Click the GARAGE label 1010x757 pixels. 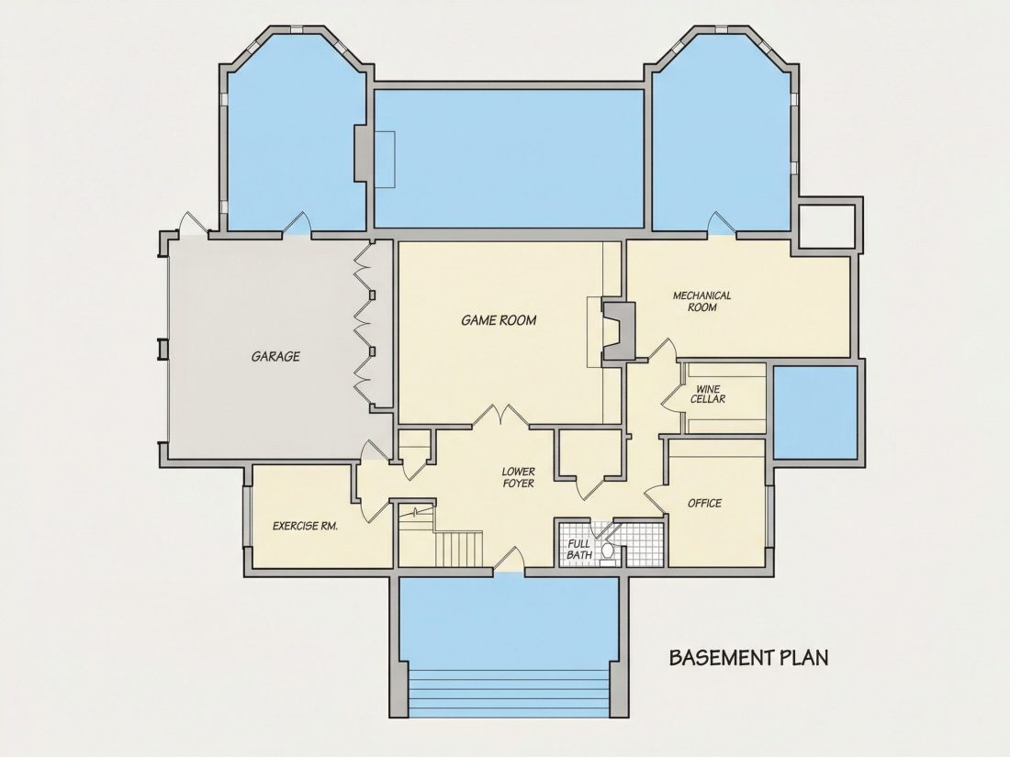pos(275,356)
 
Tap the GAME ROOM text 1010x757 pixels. pos(499,320)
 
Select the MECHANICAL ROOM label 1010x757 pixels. pos(702,301)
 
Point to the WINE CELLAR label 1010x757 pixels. pos(708,394)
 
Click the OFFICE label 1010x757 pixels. pos(704,503)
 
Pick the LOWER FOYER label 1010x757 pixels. pos(519,477)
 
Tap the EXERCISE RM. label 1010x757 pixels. pos(306,526)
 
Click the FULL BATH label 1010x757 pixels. pos(579,549)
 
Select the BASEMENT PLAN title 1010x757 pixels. pos(749,657)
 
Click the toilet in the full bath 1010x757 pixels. pos(608,551)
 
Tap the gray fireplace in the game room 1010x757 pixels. pos(618,330)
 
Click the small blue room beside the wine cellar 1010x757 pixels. pos(814,411)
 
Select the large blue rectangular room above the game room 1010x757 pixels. pos(509,159)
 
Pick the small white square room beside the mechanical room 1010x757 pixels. pos(826,226)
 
